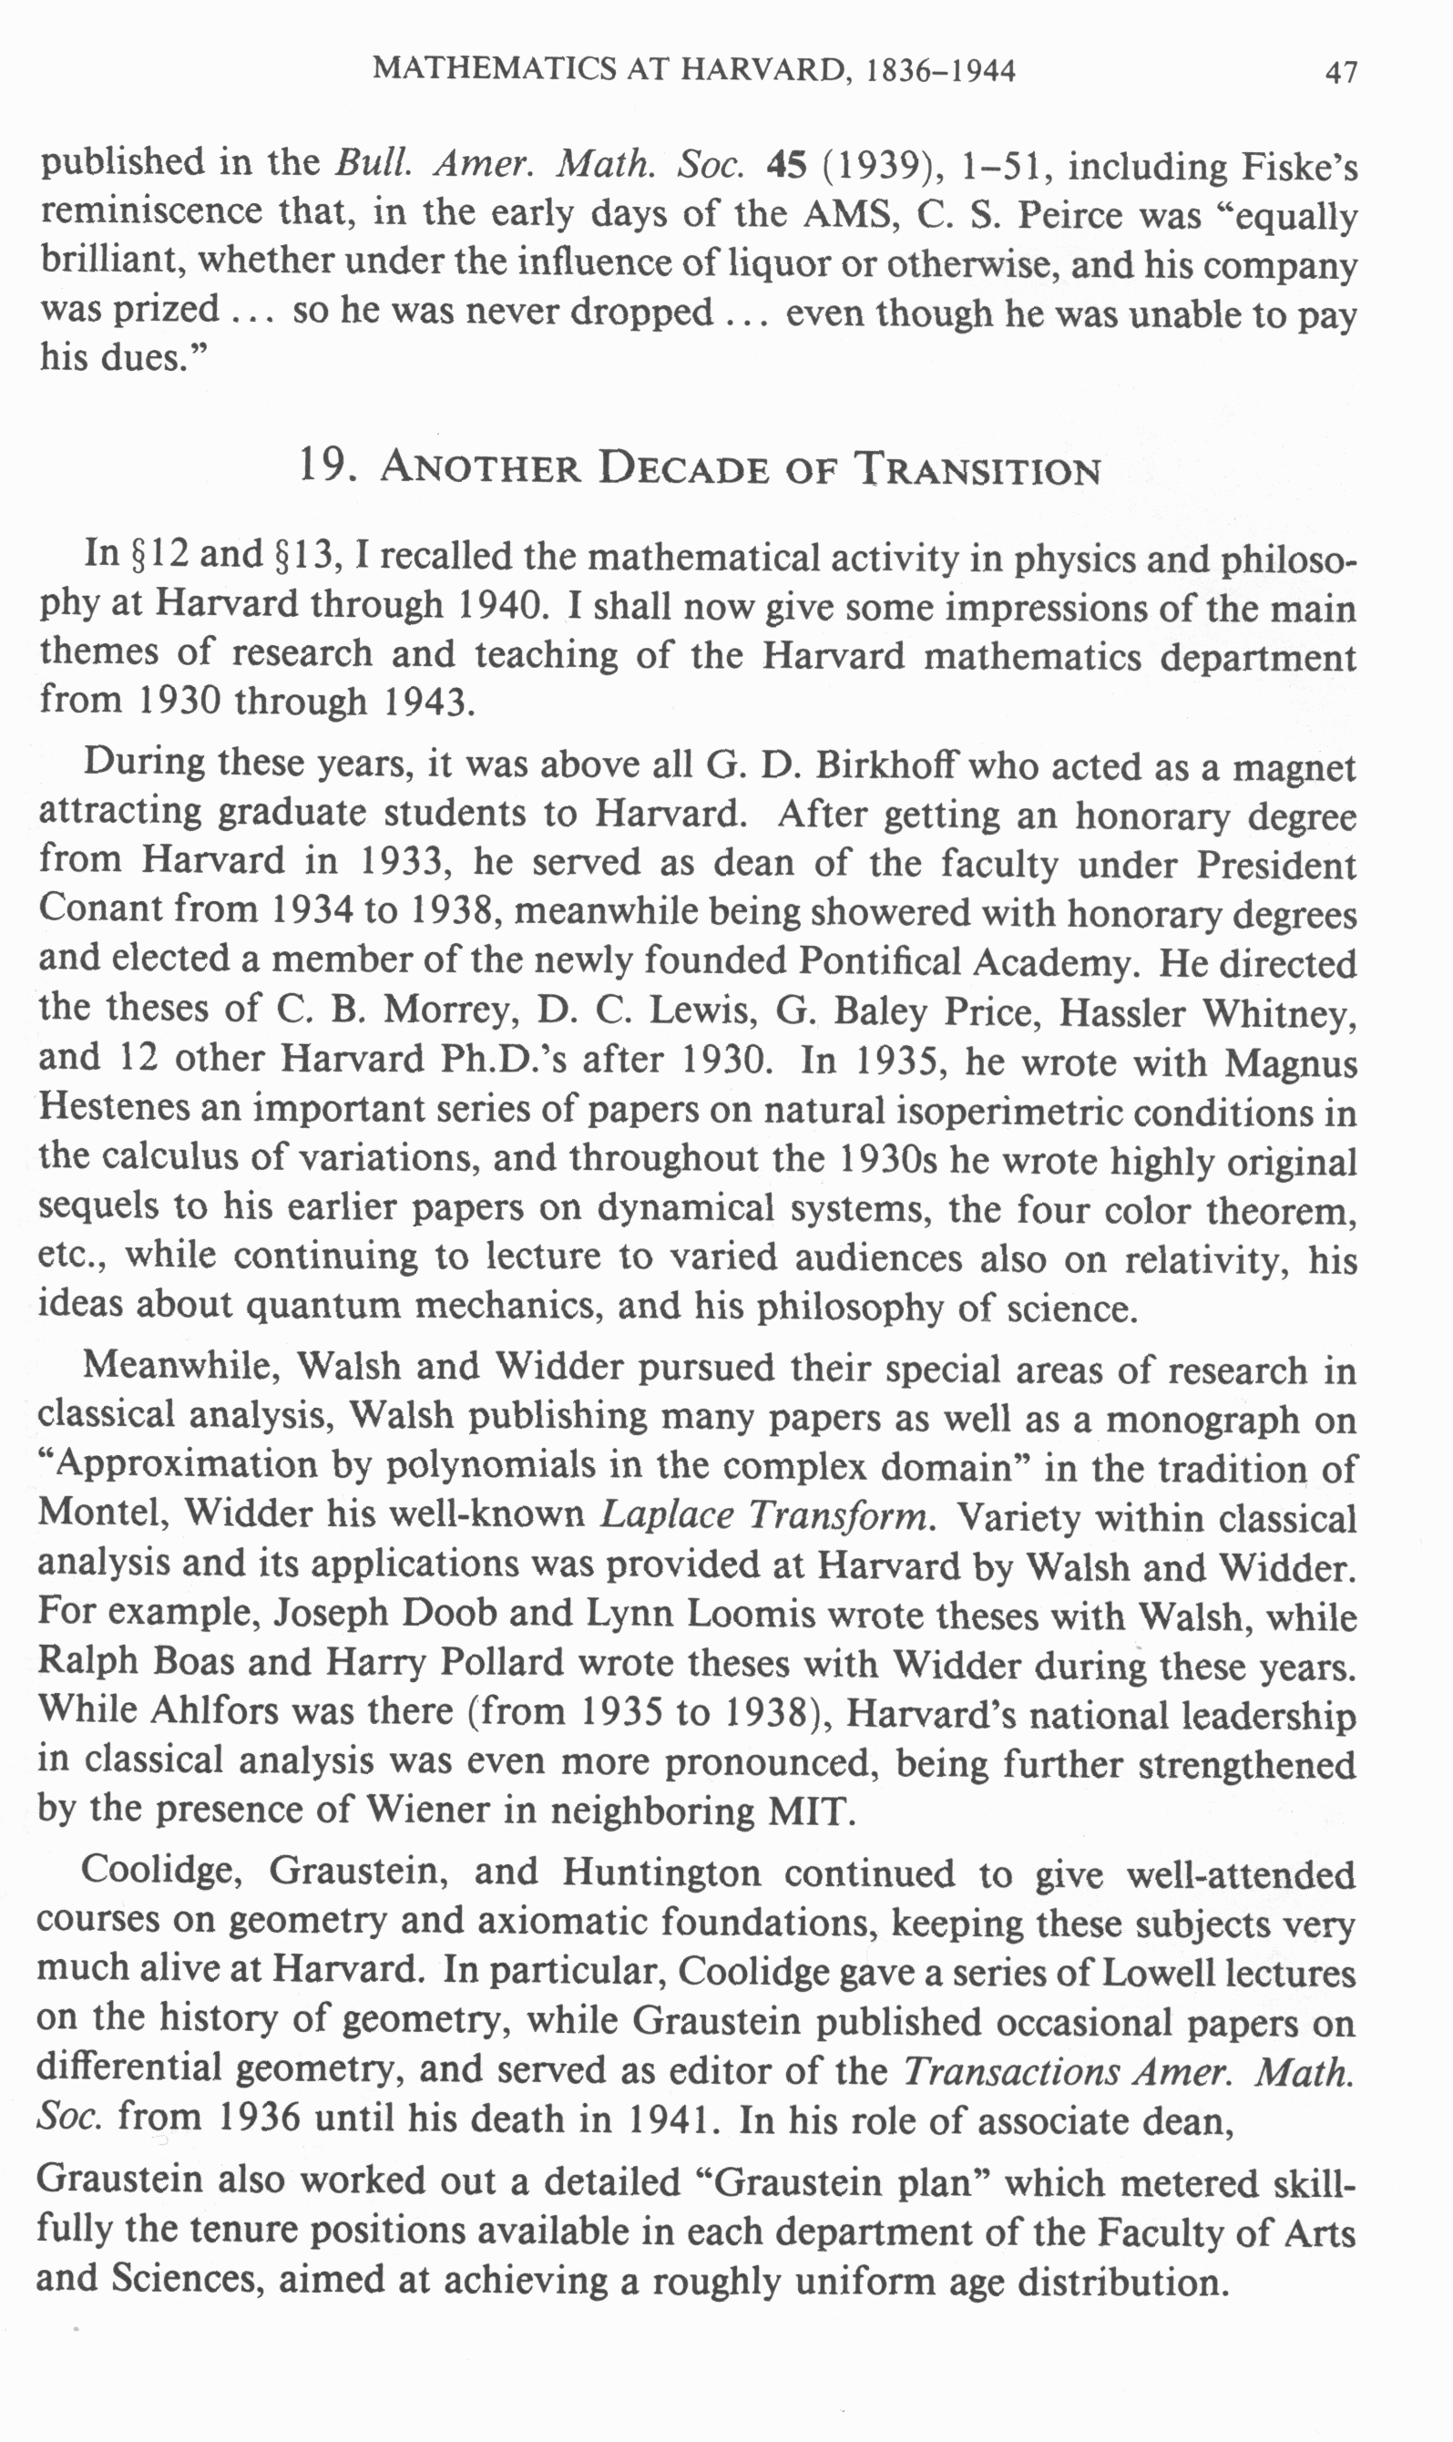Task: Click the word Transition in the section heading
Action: pyautogui.click(x=978, y=470)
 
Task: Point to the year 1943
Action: pyautogui.click(x=427, y=702)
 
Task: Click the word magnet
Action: pyautogui.click(x=1294, y=767)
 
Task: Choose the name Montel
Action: pyautogui.click(x=102, y=1514)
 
